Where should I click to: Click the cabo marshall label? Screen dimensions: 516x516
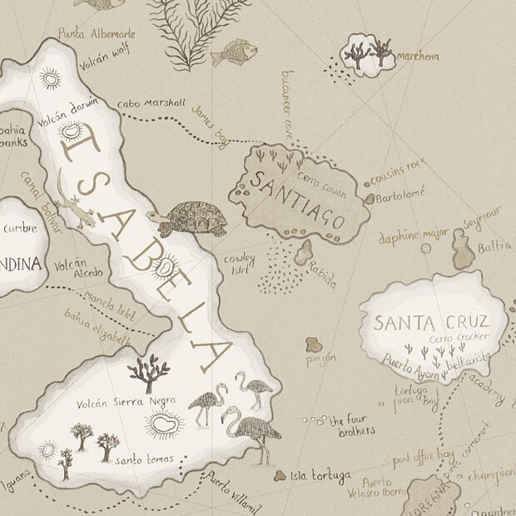coord(151,103)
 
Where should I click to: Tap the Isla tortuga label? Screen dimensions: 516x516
coord(320,477)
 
